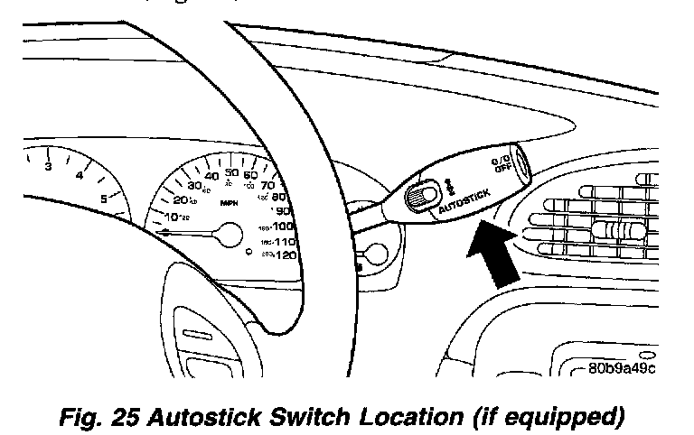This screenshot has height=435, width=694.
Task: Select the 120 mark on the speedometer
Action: [285, 255]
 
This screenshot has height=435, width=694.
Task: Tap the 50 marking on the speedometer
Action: [231, 173]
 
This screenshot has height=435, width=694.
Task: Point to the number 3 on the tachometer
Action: [49, 167]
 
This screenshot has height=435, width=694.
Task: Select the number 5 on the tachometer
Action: [105, 199]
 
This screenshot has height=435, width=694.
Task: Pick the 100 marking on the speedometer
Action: [283, 226]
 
